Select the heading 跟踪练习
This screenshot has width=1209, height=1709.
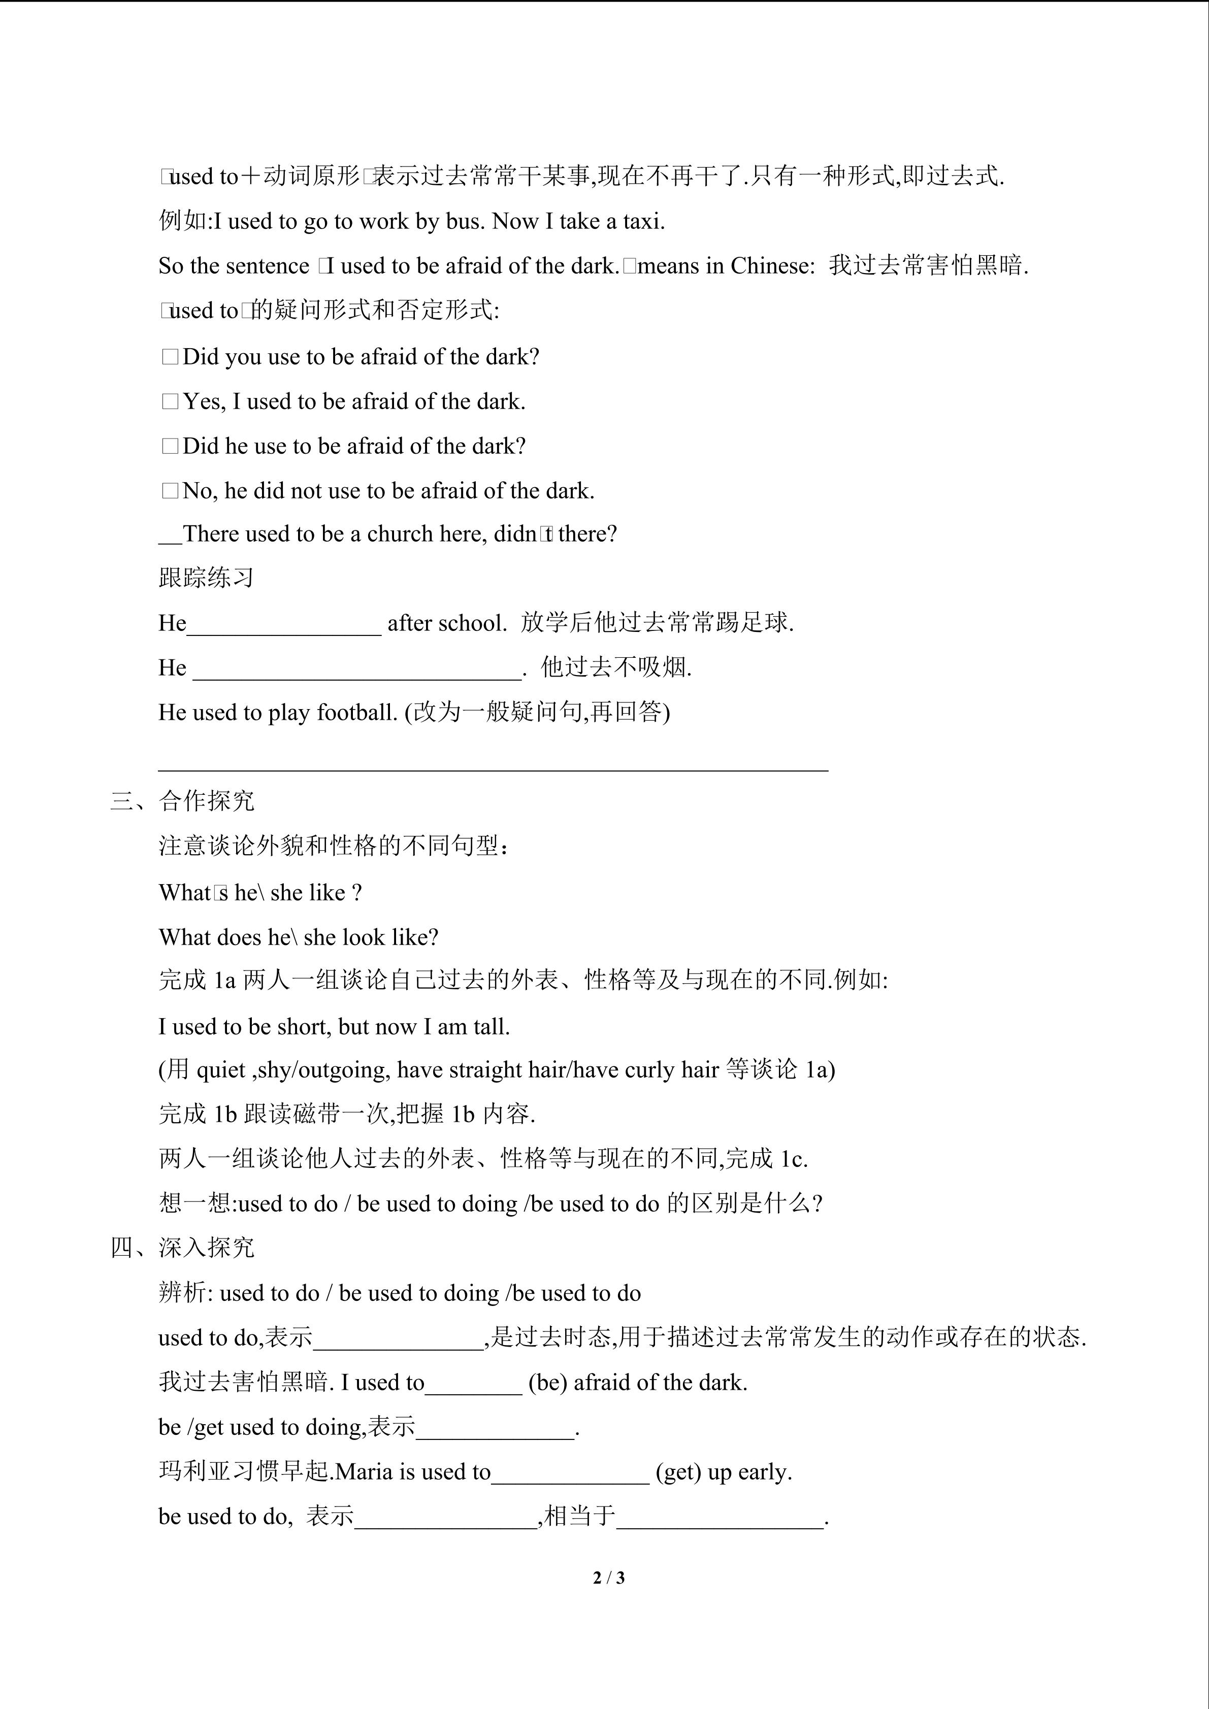pyautogui.click(x=206, y=578)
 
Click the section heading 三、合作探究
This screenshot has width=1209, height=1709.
pyautogui.click(x=182, y=801)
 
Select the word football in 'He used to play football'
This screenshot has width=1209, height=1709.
pyautogui.click(x=357, y=712)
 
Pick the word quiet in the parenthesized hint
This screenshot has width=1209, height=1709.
pyautogui.click(x=220, y=1069)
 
